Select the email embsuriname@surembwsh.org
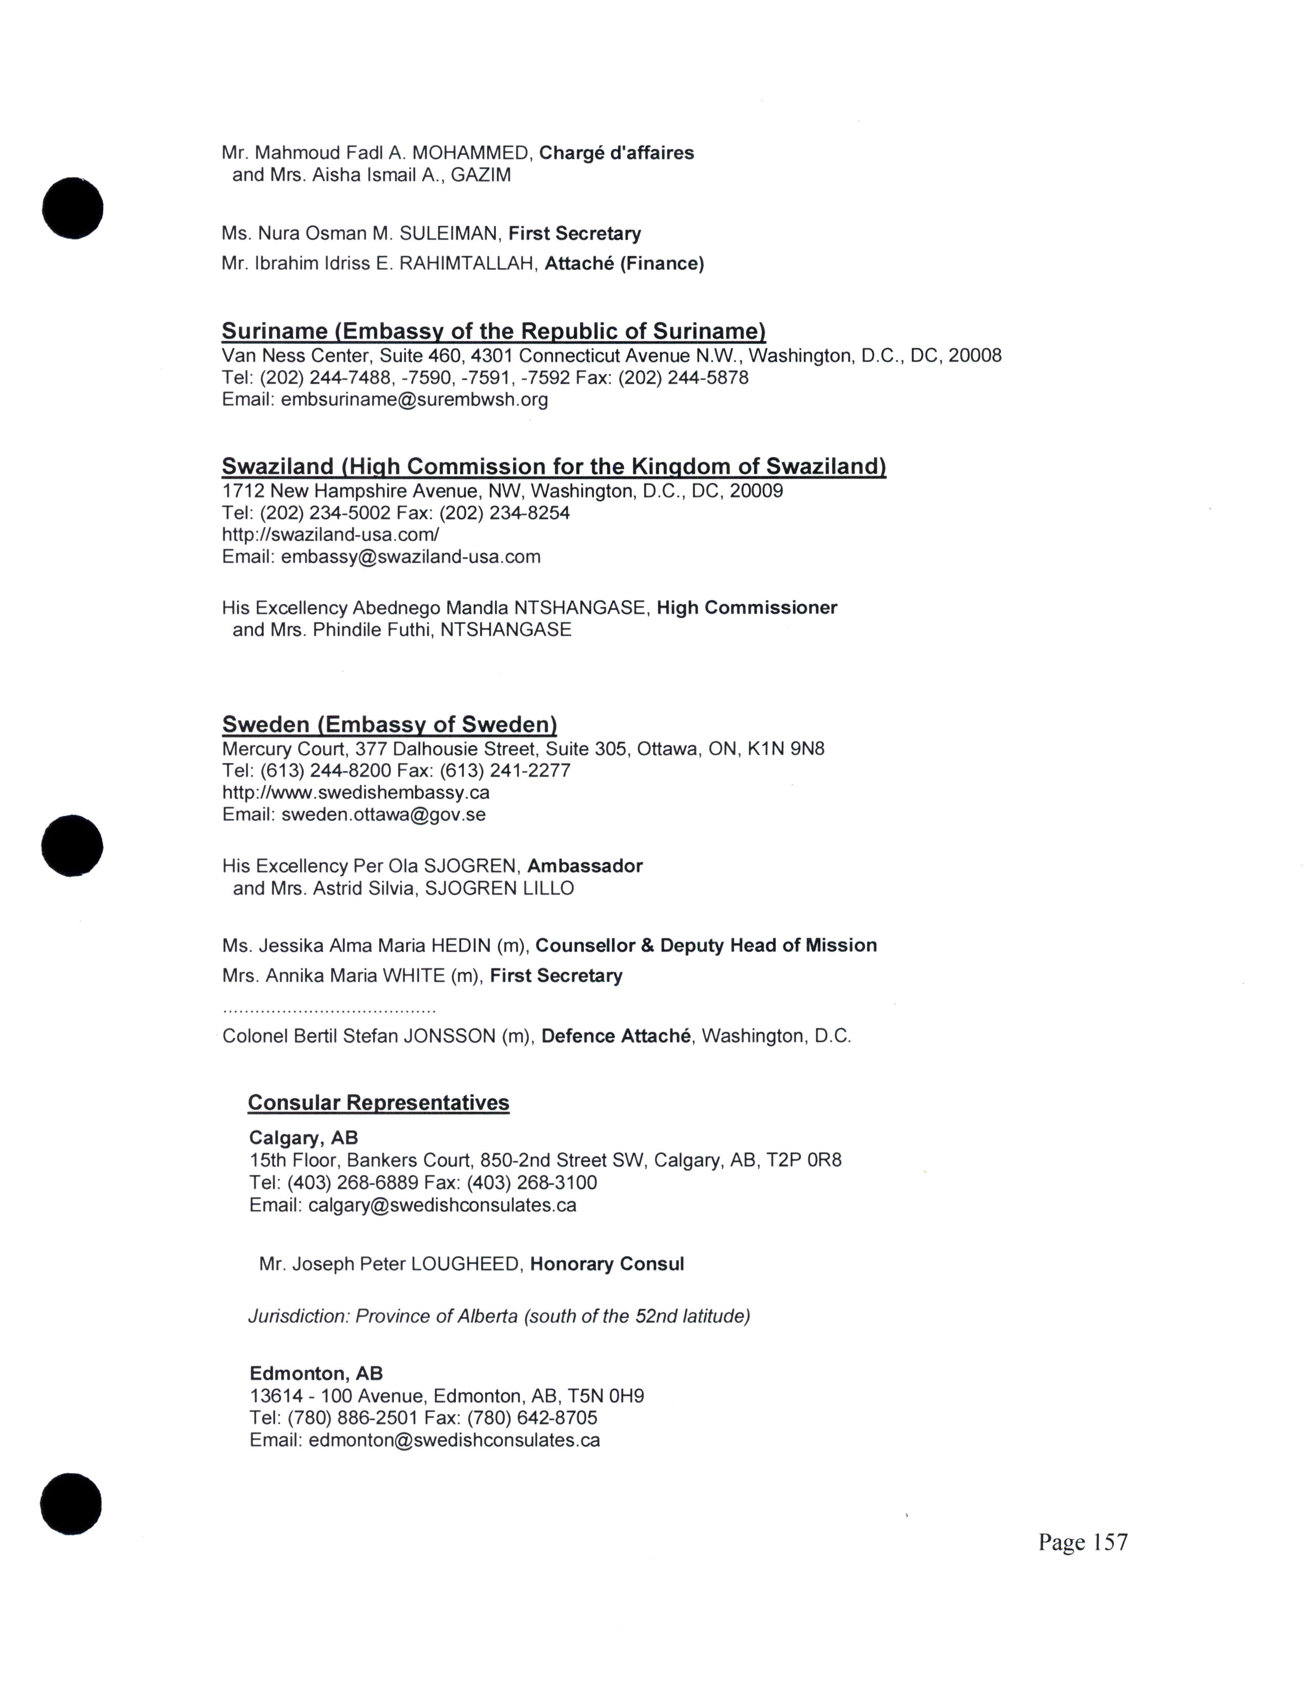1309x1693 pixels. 414,400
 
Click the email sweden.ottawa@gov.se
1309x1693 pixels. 383,815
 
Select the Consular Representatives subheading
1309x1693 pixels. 378,1103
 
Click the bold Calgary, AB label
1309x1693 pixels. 303,1138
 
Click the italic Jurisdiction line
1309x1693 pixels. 498,1316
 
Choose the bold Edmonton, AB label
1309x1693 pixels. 316,1373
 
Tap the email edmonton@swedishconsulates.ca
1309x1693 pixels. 454,1440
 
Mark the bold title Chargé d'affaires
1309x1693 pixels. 617,153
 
